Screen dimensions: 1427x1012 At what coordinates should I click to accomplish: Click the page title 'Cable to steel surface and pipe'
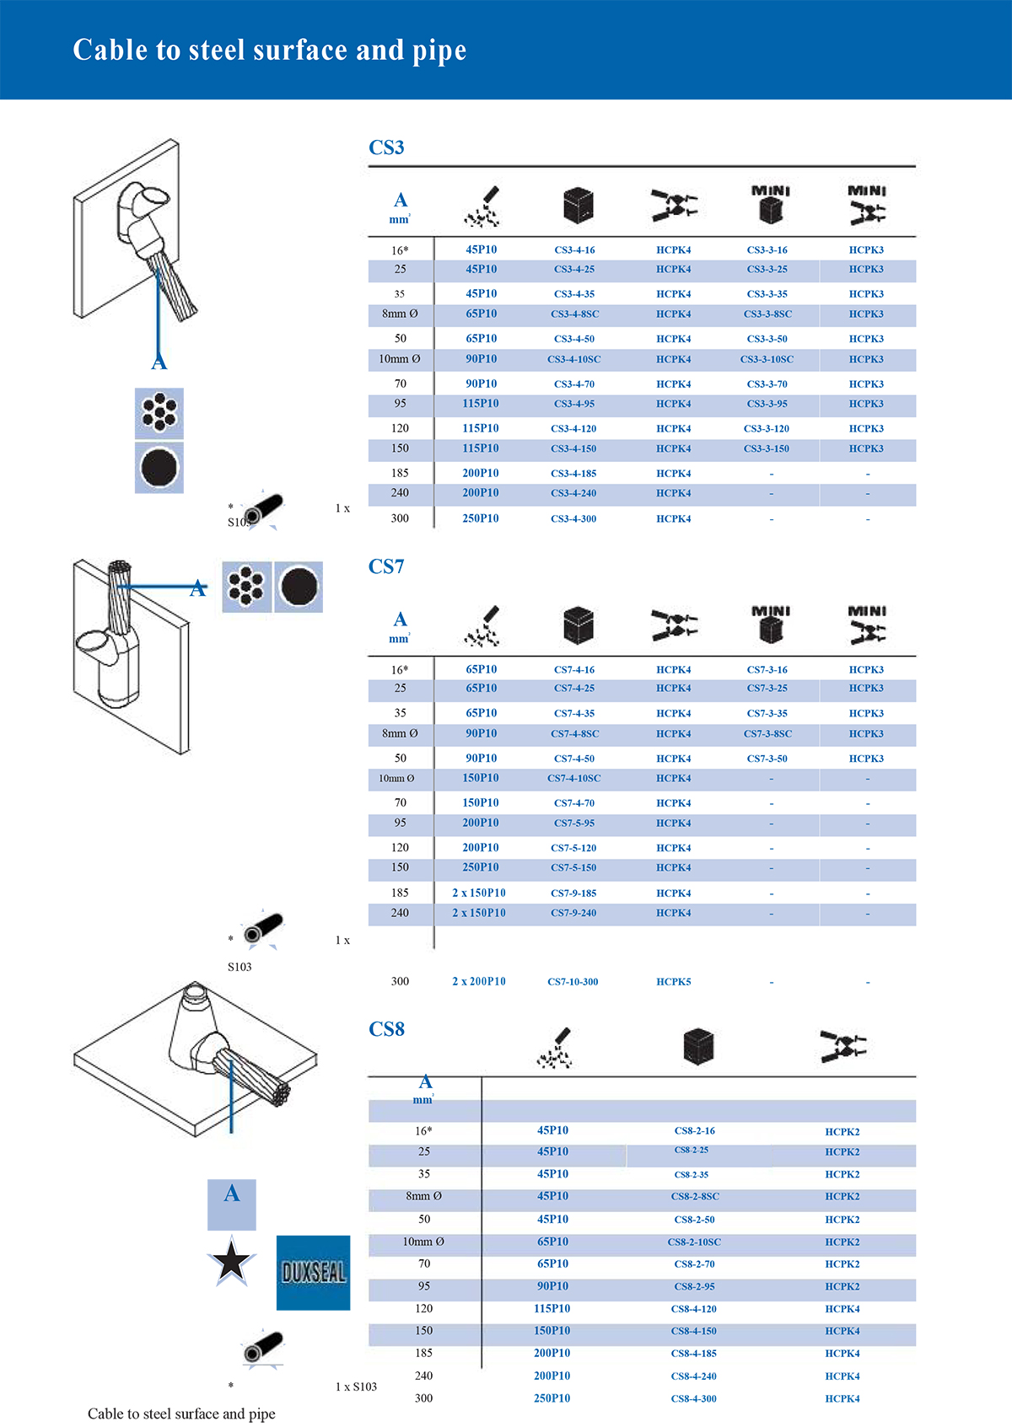pos(270,51)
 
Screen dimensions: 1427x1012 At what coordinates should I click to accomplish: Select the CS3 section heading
pos(386,148)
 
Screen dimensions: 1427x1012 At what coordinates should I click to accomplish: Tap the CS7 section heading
pos(386,566)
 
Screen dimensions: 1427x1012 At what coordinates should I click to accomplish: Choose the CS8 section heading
pos(386,1029)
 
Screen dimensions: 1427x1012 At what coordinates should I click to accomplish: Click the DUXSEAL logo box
pos(313,1273)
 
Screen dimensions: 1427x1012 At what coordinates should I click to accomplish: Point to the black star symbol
pos(231,1262)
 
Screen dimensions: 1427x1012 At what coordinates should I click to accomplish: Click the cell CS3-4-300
pos(573,519)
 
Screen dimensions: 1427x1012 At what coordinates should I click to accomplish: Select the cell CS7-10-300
pos(573,982)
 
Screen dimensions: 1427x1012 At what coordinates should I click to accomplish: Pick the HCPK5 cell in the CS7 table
pos(673,982)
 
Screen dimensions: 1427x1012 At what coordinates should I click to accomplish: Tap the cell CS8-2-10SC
pos(694,1242)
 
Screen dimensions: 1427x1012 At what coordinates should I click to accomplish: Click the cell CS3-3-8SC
pos(767,314)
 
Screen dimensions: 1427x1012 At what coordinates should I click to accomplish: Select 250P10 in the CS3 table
pos(481,518)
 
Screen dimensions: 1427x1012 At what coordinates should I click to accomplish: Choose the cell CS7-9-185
pos(573,893)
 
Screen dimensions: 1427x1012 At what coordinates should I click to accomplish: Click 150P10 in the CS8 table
pos(552,1331)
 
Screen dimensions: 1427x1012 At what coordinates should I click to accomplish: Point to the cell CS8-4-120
pos(694,1309)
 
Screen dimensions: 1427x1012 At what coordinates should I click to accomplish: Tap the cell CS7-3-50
pos(767,759)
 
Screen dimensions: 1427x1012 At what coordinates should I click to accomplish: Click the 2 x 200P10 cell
pos(479,982)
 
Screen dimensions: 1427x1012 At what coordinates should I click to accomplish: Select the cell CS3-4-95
pos(574,404)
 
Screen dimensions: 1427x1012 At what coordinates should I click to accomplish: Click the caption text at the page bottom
pos(181,1414)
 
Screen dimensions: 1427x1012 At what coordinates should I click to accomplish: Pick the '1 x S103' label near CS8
pos(356,1387)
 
